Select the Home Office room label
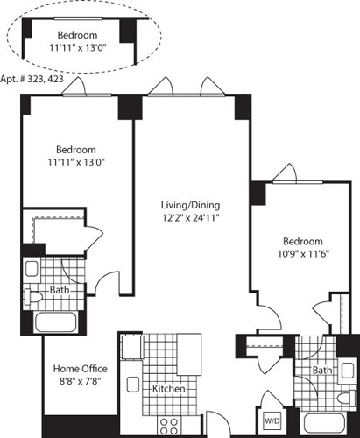tap(81, 369)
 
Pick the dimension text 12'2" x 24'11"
tap(190, 218)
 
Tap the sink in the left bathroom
tap(32, 269)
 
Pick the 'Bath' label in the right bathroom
tap(323, 371)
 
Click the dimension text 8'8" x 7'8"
tap(81, 382)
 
